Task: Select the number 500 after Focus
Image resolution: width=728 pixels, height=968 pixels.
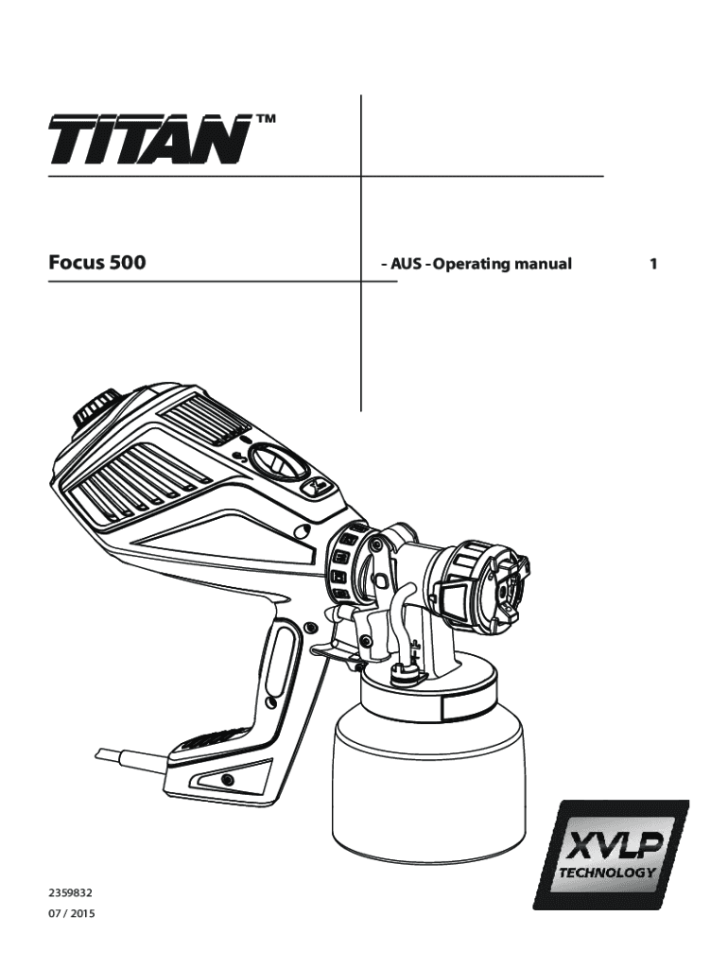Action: click(x=128, y=263)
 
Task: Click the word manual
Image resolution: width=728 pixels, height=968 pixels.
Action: click(x=543, y=264)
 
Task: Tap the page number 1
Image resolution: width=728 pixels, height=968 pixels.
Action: click(x=652, y=264)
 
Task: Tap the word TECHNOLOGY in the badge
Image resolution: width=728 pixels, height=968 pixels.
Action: click(x=611, y=872)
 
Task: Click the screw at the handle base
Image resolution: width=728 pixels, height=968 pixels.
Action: click(x=227, y=779)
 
